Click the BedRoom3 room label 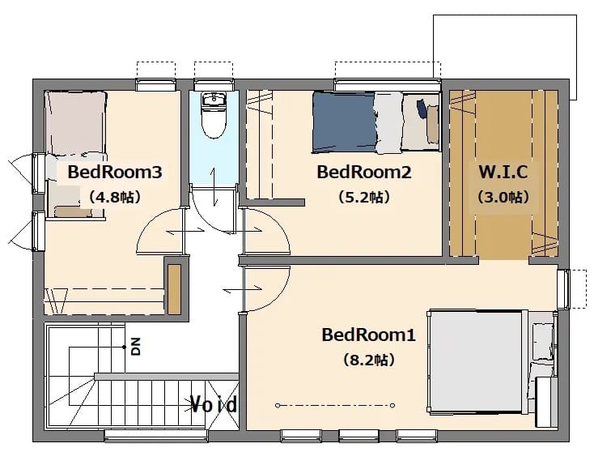(115, 173)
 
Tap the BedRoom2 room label (364, 173)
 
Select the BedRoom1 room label (368, 335)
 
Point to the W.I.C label (503, 172)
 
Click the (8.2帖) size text (369, 360)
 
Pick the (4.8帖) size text (115, 197)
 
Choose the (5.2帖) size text (364, 197)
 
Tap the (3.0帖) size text (503, 197)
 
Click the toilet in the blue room (214, 115)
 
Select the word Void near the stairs (214, 404)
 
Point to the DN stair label (136, 346)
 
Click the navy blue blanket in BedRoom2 (344, 122)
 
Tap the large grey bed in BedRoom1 (477, 360)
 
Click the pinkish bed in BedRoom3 (75, 123)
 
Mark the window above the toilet (214, 84)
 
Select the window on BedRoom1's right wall (563, 289)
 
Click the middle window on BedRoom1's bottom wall (359, 436)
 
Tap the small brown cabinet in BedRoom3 (174, 289)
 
